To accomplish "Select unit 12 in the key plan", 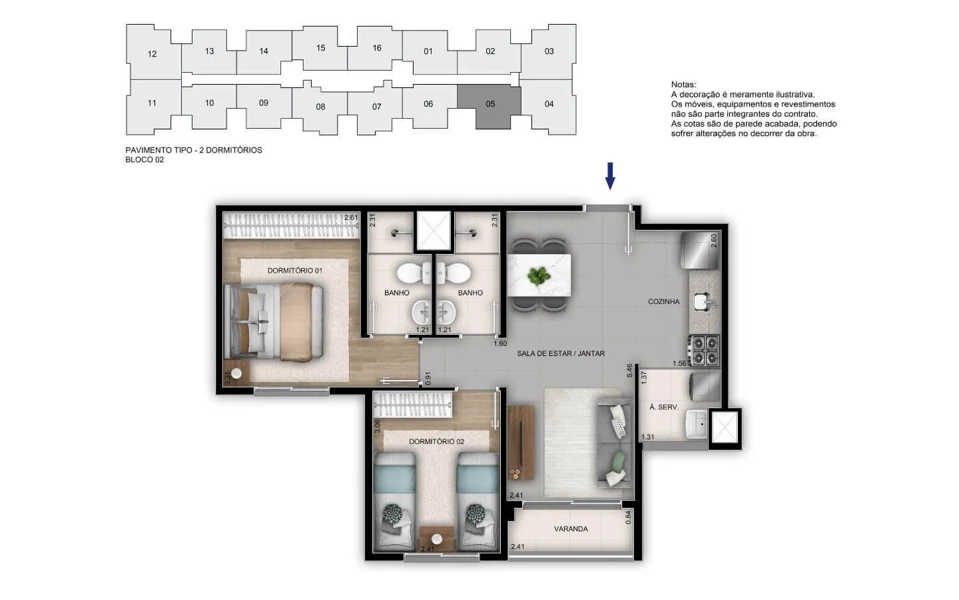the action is [x=152, y=53].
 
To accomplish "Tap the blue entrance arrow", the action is [x=610, y=176].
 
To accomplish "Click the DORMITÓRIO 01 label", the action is [x=295, y=271].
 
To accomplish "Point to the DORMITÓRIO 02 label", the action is [x=436, y=441].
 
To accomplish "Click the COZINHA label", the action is [x=663, y=302].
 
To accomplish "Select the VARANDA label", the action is [x=571, y=529].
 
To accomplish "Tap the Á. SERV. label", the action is [x=664, y=407].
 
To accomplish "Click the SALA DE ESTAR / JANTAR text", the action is [x=561, y=353].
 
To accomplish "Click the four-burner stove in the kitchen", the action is [x=705, y=350].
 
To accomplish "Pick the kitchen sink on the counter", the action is [x=703, y=302].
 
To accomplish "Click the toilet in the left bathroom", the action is [x=413, y=273].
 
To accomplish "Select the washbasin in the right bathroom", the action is [x=446, y=312].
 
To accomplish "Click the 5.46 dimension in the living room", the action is [x=629, y=370].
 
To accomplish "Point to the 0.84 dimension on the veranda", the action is [x=629, y=518].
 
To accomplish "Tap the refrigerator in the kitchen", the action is [x=699, y=250].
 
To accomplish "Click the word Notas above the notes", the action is [x=684, y=85].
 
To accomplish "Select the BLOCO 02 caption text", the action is [x=145, y=160].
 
